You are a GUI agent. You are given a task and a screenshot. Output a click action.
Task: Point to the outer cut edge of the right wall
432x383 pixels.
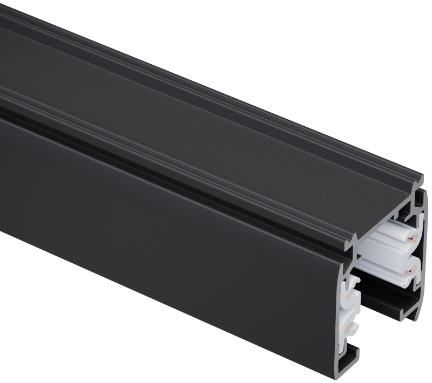point(423,254)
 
